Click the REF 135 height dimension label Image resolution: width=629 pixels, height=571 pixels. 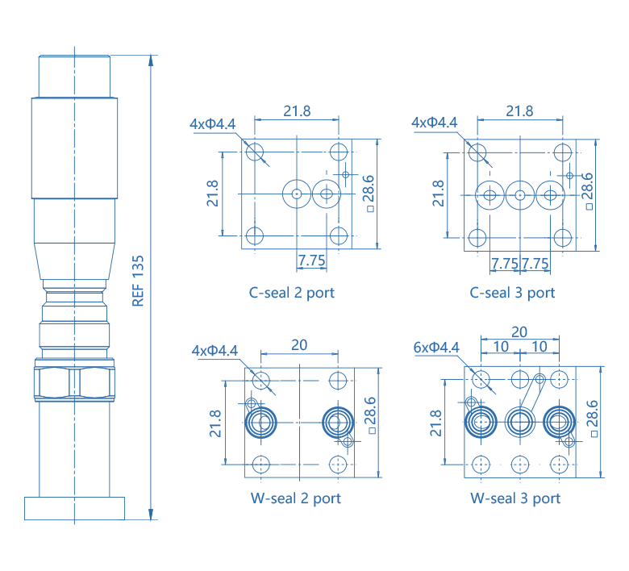pyautogui.click(x=138, y=281)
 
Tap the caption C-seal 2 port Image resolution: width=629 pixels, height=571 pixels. pyautogui.click(x=291, y=292)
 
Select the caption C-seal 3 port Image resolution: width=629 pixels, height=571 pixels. pyautogui.click(x=513, y=292)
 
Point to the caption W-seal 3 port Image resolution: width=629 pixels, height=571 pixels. pyautogui.click(x=515, y=498)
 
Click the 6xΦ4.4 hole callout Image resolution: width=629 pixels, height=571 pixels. pyautogui.click(x=435, y=348)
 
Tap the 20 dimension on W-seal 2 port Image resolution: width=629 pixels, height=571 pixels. pyautogui.click(x=298, y=344)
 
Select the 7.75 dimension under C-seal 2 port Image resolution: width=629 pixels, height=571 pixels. pyautogui.click(x=311, y=260)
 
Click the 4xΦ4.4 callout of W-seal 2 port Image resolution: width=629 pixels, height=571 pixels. pyautogui.click(x=215, y=351)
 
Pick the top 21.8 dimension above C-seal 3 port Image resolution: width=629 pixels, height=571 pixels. pyautogui.click(x=519, y=111)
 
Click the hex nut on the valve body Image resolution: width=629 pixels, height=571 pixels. pyautogui.click(x=73, y=381)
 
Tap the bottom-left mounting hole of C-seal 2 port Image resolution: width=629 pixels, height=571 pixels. pyautogui.click(x=255, y=236)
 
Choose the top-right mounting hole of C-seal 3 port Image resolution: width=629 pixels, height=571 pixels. pyautogui.click(x=562, y=152)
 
